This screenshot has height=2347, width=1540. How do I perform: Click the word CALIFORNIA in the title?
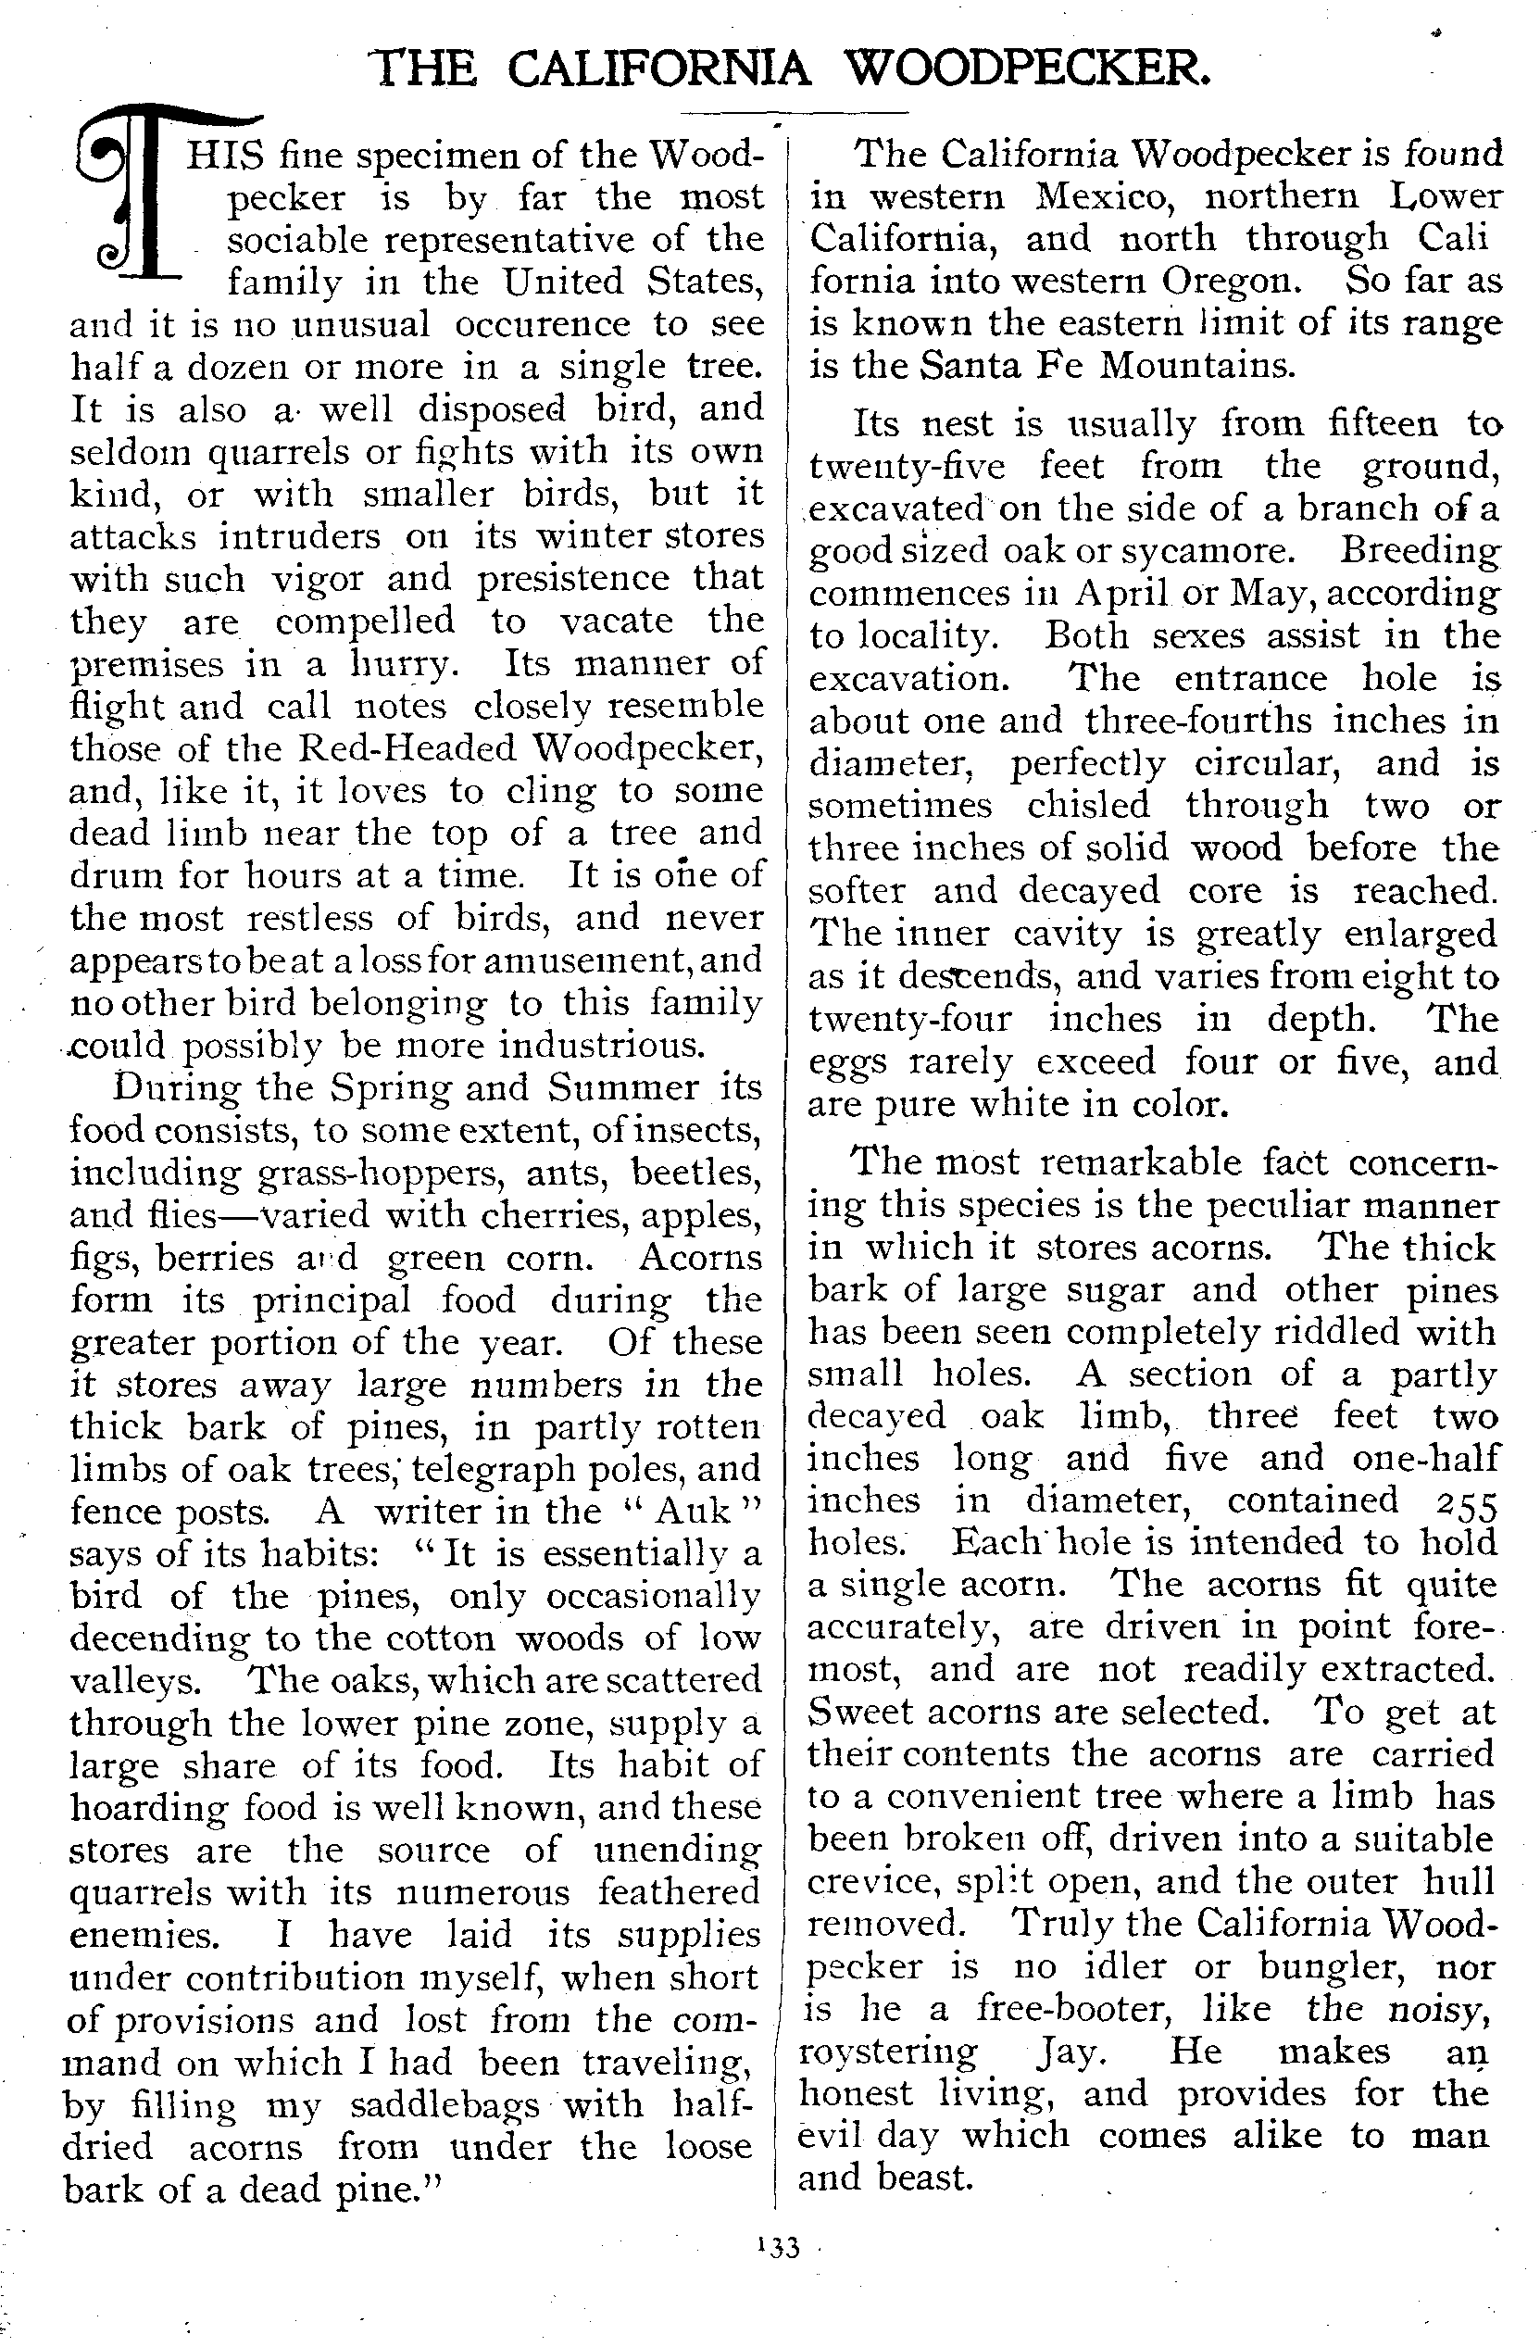(659, 69)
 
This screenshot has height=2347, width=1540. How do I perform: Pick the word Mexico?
(1104, 196)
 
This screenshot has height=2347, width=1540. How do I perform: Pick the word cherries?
(559, 1215)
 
